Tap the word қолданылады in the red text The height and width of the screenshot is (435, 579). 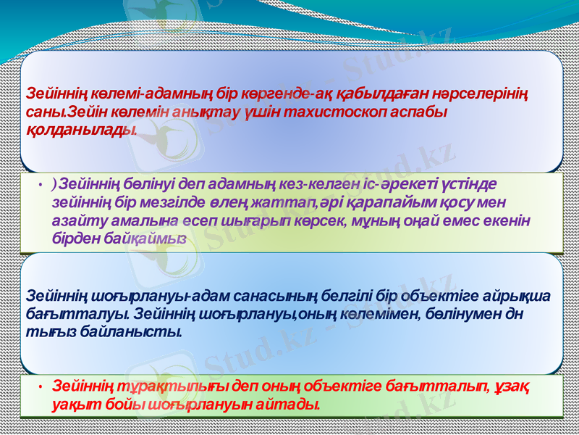tap(80, 129)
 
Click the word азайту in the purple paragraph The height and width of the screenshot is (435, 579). tap(75, 217)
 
